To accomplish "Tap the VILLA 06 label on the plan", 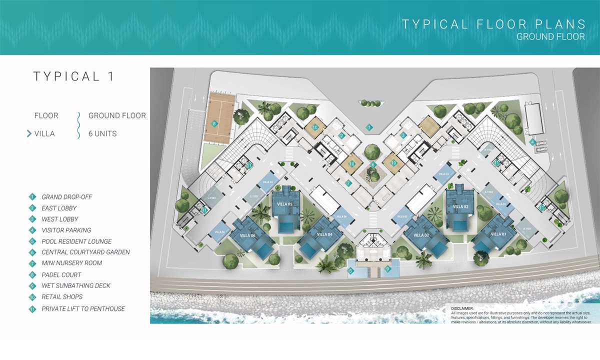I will [247, 236].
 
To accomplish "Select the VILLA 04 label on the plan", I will [324, 234].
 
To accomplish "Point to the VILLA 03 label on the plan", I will [420, 235].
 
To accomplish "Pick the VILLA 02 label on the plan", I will [460, 206].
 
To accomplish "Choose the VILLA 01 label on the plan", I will [498, 234].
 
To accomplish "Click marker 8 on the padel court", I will [214, 123].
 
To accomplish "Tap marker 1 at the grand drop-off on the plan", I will [369, 127].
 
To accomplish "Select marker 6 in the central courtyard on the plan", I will [373, 164].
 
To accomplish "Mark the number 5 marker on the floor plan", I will [350, 271].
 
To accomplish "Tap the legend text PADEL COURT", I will [61, 274].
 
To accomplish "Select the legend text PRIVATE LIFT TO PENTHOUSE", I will [83, 309].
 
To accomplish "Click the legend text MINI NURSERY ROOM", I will [71, 263].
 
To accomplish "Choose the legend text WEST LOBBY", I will [59, 219].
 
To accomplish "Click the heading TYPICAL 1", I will [74, 76].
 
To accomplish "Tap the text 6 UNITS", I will [102, 133].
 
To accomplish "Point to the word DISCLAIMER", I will [461, 308].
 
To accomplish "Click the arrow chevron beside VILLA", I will [29, 133].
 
